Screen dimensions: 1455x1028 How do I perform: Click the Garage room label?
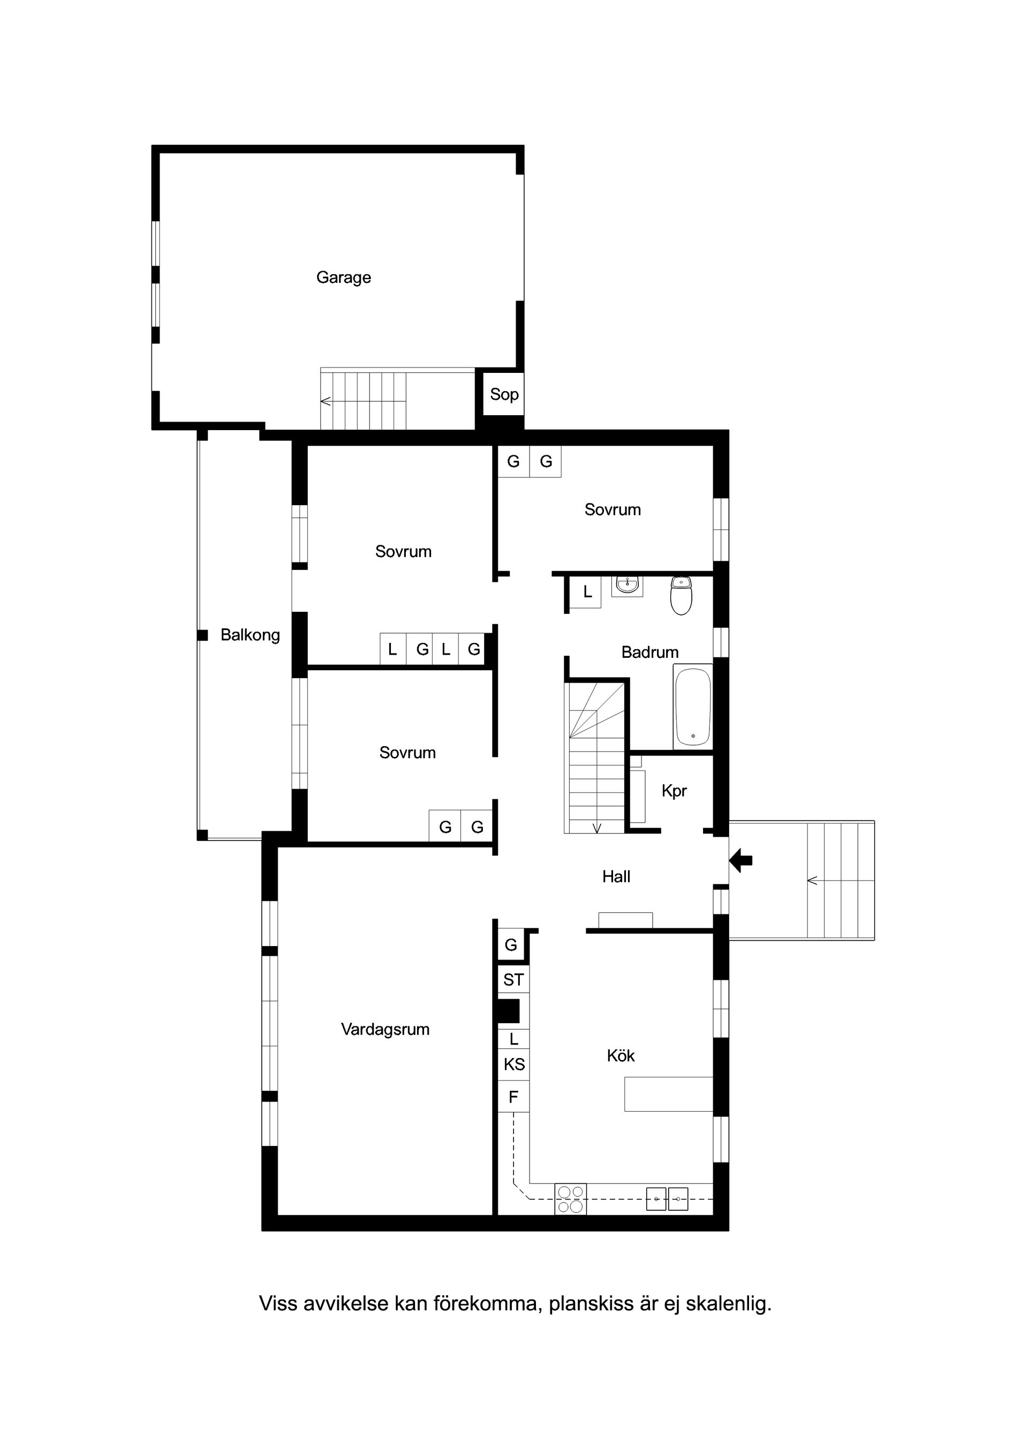click(x=343, y=277)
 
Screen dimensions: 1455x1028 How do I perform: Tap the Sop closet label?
click(x=504, y=394)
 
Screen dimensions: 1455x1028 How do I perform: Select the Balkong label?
click(x=250, y=635)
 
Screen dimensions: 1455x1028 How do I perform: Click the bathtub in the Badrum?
click(x=693, y=707)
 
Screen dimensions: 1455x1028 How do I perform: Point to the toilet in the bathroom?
click(x=681, y=596)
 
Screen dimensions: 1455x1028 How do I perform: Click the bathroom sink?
click(x=627, y=586)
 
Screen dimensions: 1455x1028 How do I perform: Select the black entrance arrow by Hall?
click(x=741, y=860)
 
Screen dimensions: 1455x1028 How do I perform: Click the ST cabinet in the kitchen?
click(x=513, y=980)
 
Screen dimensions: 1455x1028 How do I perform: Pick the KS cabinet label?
click(x=513, y=1064)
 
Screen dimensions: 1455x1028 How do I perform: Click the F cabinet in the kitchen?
click(x=513, y=1097)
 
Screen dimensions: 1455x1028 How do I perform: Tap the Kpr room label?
click(x=674, y=791)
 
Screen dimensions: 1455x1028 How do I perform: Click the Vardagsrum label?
click(x=385, y=1030)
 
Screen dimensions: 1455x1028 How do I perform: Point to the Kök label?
click(x=621, y=1056)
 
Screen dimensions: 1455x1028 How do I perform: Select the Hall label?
click(x=616, y=877)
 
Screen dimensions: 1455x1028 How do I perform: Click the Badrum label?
click(x=650, y=652)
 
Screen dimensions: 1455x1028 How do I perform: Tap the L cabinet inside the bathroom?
click(x=587, y=592)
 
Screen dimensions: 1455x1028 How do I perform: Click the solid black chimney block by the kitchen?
click(x=508, y=1011)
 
